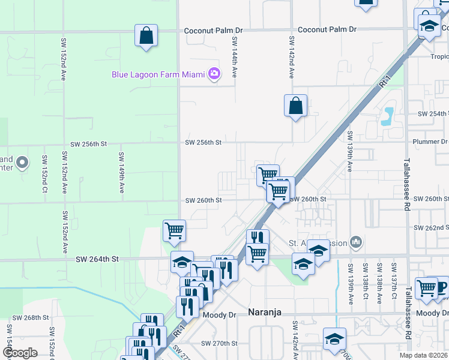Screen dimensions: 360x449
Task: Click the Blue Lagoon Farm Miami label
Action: (x=158, y=74)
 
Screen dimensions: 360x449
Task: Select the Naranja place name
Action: (x=265, y=312)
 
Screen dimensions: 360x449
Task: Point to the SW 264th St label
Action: (x=98, y=259)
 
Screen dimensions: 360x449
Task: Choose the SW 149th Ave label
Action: (x=121, y=172)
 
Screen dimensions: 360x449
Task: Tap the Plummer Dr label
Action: (x=430, y=142)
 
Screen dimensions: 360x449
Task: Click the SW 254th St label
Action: (x=432, y=114)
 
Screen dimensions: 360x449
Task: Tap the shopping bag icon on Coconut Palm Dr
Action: (x=146, y=36)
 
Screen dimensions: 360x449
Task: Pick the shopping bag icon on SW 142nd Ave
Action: (x=295, y=106)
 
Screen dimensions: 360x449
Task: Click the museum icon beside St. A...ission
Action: (x=356, y=242)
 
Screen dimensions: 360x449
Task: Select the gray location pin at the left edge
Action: (x=22, y=163)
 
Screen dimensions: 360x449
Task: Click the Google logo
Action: (x=20, y=352)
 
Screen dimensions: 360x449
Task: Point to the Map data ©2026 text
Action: (x=423, y=355)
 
